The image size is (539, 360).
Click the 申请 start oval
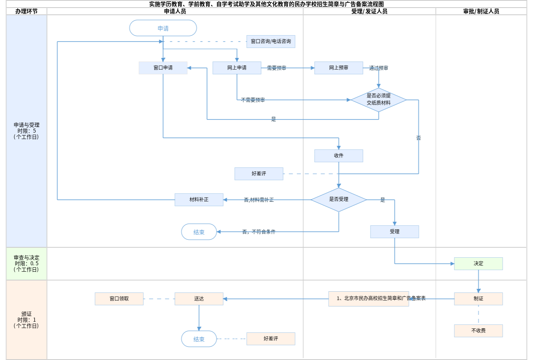[163, 28]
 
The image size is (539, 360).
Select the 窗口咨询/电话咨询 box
[271, 42]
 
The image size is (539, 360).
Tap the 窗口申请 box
[163, 68]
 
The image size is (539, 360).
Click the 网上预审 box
[339, 68]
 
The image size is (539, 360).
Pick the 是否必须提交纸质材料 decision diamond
[378, 99]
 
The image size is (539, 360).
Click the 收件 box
[339, 156]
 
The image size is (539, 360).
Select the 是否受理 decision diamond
[339, 199]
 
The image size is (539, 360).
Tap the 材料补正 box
[199, 200]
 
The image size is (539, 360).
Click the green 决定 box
[478, 264]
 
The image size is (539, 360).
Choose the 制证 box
[478, 299]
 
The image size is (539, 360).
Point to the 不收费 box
[478, 331]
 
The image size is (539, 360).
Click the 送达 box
[199, 299]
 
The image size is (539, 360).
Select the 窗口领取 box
[119, 299]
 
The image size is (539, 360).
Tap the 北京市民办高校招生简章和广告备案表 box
[369, 299]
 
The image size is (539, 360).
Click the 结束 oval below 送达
[199, 339]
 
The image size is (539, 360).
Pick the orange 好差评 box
[271, 339]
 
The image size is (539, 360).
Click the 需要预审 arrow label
[276, 68]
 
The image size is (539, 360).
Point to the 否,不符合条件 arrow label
[259, 232]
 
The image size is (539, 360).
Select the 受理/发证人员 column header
[369, 12]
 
